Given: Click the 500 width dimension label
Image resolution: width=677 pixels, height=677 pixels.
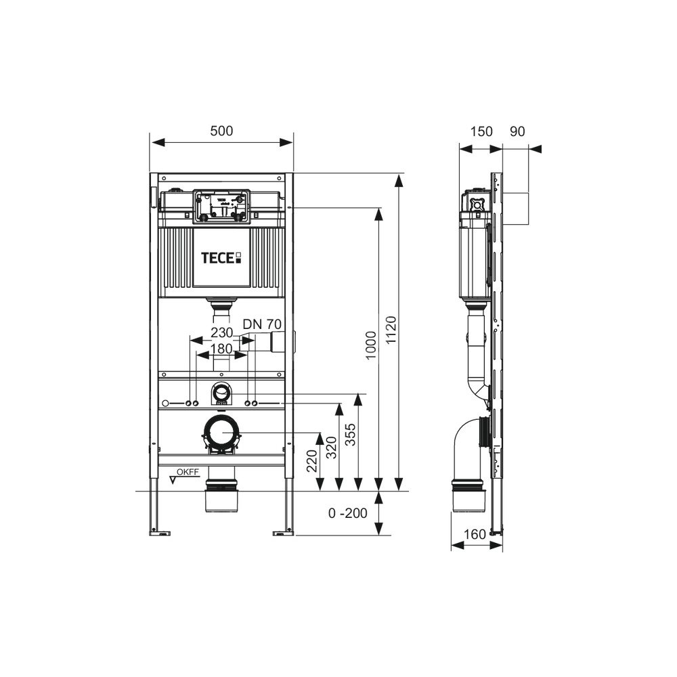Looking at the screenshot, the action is click(x=221, y=131).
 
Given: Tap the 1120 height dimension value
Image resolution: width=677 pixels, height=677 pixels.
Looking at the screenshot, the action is click(x=391, y=330).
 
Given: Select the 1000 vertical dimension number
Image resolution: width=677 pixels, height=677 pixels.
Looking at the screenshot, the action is click(x=371, y=346).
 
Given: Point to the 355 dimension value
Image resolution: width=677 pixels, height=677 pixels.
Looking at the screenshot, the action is click(x=350, y=435).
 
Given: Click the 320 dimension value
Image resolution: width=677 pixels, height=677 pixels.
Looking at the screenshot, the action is click(x=331, y=447).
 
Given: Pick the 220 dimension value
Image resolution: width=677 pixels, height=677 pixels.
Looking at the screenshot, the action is click(x=311, y=460).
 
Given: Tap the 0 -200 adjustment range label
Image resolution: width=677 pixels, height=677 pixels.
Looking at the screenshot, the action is click(x=347, y=513).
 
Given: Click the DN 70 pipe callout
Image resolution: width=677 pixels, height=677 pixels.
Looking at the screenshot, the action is click(x=262, y=324).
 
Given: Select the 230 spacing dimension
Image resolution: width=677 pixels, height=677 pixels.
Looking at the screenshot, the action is click(x=222, y=332).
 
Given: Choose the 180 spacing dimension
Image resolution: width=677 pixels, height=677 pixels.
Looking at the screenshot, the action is click(x=222, y=349).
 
